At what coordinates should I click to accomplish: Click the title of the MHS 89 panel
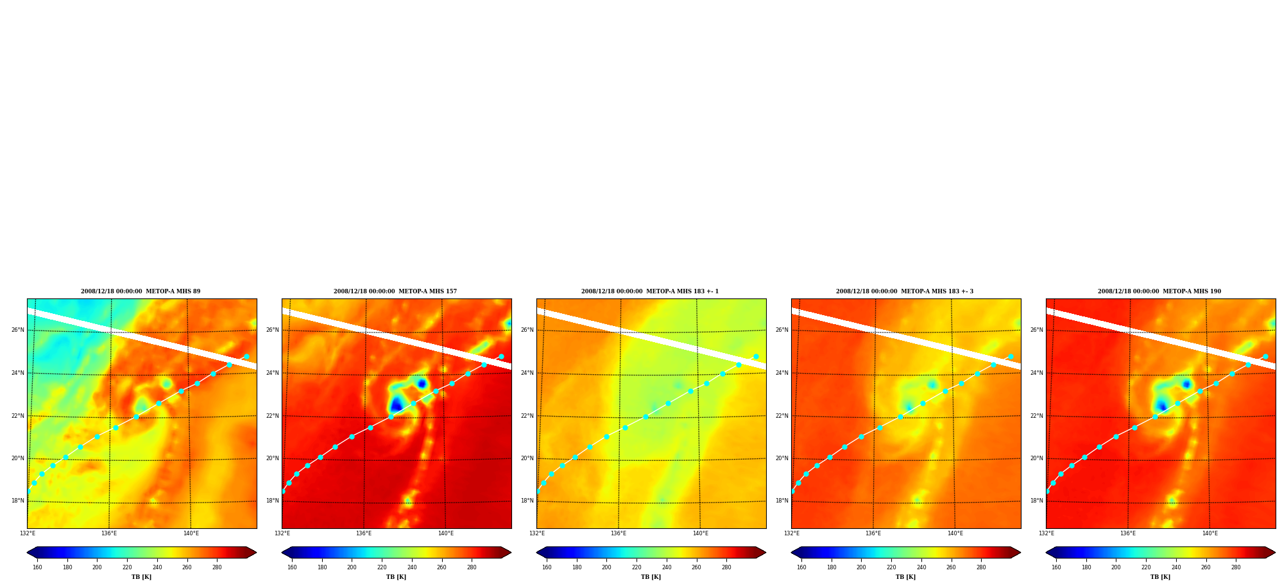141,291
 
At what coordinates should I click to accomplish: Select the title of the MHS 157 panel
395,291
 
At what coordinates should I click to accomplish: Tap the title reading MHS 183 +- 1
650,291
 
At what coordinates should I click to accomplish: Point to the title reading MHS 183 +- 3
905,291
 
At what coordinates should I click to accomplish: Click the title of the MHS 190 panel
1159,291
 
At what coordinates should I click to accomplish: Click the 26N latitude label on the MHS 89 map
17,331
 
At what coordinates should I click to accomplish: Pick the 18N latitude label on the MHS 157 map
272,501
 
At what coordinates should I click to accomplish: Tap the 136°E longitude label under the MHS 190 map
1128,533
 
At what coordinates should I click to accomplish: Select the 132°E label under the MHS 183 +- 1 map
537,533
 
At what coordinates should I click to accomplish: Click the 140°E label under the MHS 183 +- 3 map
955,533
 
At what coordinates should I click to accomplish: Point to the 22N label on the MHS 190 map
1036,416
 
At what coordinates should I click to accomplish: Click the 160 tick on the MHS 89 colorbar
37,567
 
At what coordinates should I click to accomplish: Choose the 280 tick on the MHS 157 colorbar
472,567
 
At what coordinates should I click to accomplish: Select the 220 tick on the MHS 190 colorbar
1146,567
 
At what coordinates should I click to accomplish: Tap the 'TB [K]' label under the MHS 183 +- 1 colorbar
651,577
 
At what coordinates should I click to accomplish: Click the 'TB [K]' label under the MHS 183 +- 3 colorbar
905,577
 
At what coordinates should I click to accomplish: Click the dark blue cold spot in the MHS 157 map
396,404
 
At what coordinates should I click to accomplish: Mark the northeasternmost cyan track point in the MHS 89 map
246,356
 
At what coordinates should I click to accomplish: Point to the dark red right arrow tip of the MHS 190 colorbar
1275,553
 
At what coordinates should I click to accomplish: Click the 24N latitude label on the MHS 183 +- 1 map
527,373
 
